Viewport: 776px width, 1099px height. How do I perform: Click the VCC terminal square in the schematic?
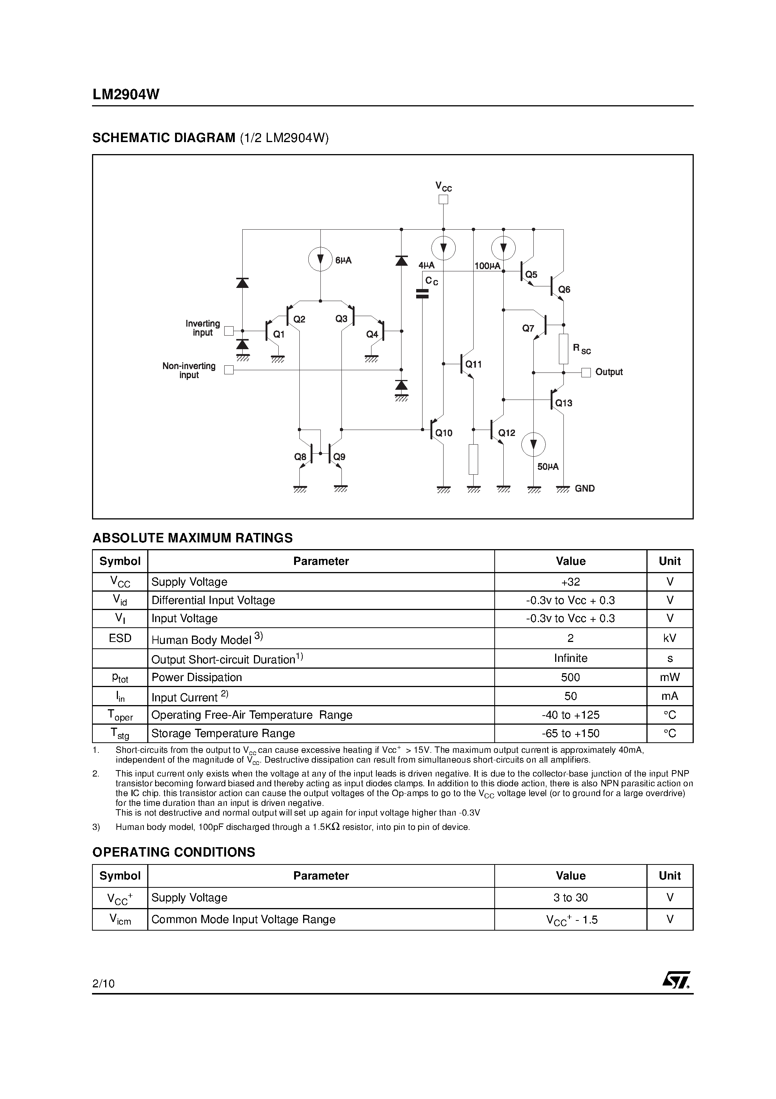pos(444,200)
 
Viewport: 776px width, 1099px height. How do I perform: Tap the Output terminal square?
pos(586,372)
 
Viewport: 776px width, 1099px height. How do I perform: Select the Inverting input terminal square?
pos(229,331)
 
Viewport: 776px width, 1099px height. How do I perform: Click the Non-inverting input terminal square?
pos(229,370)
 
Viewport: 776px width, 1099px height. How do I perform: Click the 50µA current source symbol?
pos(533,444)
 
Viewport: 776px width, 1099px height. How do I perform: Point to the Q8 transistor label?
pos(300,457)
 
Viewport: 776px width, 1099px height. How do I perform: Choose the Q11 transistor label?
pos(474,364)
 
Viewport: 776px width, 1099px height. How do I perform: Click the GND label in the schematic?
pos(585,488)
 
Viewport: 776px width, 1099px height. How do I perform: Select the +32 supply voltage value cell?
pos(570,582)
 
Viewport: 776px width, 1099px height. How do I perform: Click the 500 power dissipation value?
pos(570,677)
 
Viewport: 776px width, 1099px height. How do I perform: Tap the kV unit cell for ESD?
pos(670,639)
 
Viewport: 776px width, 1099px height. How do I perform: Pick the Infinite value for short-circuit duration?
pos(570,658)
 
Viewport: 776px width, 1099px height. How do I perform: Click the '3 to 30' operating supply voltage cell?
pos(570,898)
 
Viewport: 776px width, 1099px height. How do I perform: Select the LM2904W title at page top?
pos(126,95)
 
